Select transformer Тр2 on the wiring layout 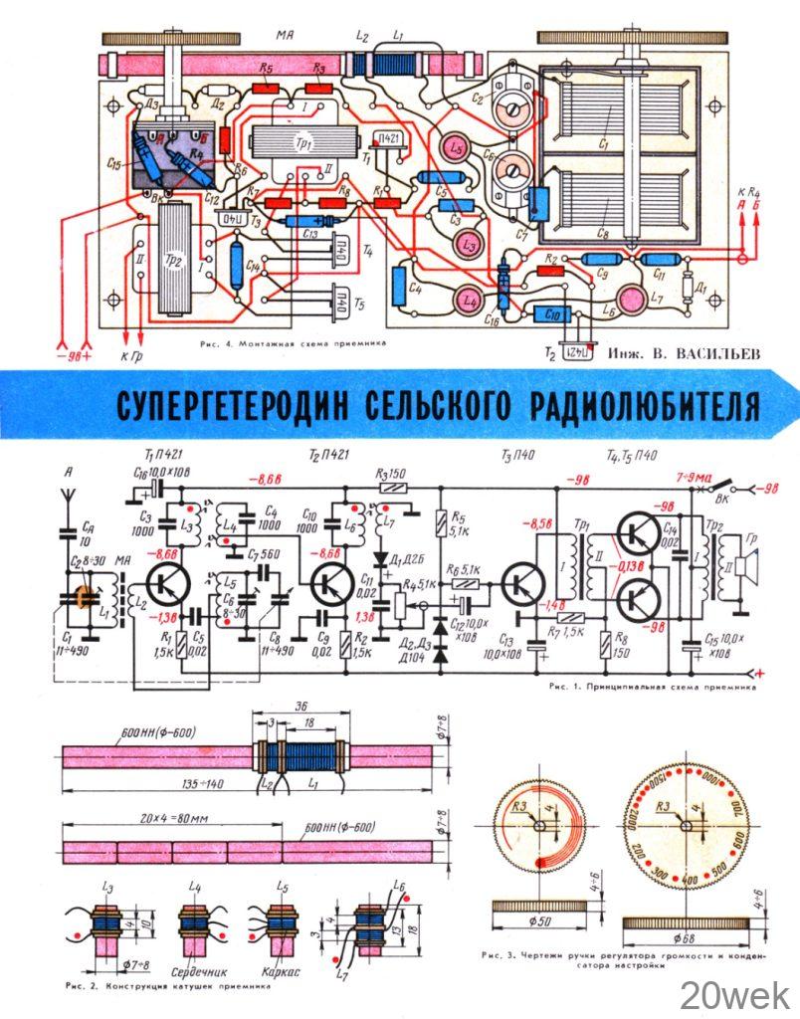(176, 258)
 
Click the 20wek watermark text (735, 994)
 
